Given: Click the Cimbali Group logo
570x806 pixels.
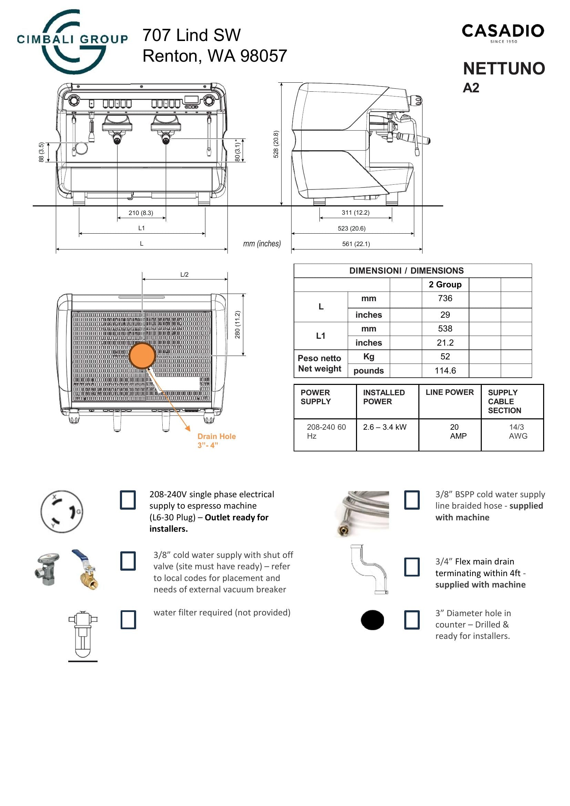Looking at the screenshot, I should coord(72,41).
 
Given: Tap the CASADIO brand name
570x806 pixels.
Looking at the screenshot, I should coord(502,31).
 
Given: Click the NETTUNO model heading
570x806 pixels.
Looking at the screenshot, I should coord(504,69).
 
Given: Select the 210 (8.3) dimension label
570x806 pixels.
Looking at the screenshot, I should coord(141,213).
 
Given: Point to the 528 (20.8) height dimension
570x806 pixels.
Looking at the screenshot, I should coord(276,144).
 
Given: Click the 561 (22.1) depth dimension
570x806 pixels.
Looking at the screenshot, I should coord(356,244).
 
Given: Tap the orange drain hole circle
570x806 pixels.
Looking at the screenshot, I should coord(142,356).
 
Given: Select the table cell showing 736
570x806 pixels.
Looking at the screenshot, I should coord(445,298).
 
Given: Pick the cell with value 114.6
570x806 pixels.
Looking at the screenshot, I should coord(445,370).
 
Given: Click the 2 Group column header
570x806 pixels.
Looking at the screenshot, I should coord(445,284).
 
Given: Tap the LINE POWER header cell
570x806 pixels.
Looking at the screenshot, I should coord(449,392).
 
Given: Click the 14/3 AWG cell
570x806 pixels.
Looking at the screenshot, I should coord(517,431).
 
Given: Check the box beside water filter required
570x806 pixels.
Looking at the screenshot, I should coord(128,620).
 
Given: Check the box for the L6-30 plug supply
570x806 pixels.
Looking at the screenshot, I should coord(128,500).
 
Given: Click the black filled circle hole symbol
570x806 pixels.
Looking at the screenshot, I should coord(372,620).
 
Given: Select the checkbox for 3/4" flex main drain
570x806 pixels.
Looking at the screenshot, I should coord(412,567).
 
